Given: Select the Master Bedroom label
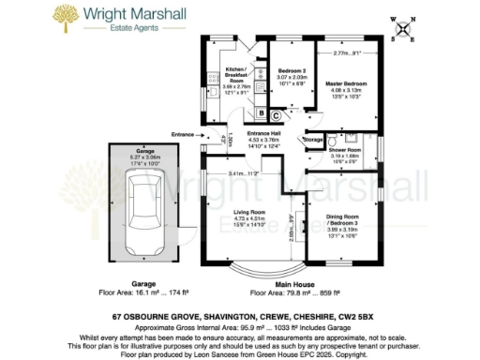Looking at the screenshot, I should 346,83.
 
